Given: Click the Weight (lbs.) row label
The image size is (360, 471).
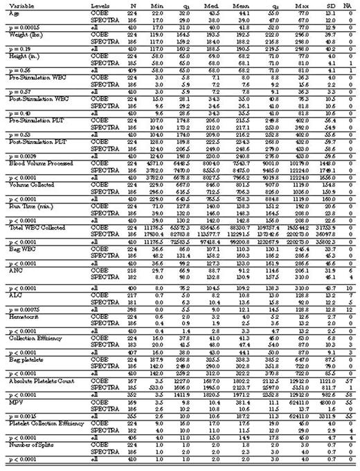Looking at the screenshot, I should click(x=22, y=33).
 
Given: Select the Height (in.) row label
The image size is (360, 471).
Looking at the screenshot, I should click(x=21, y=52).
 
